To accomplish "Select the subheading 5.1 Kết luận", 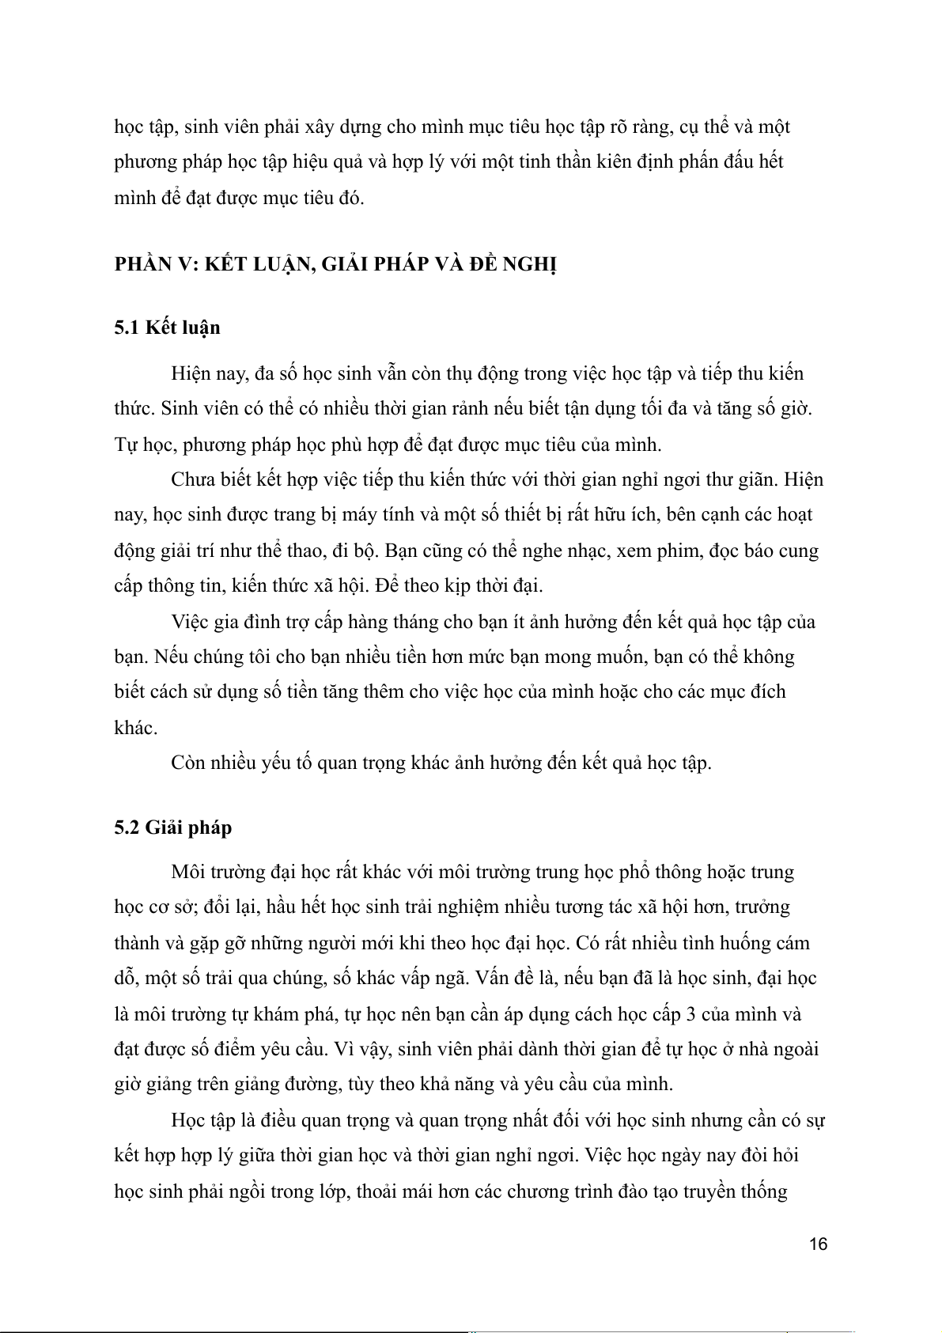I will click(x=167, y=328).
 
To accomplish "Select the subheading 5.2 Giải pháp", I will click(x=173, y=827).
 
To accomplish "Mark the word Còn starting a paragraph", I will click(x=191, y=763).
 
